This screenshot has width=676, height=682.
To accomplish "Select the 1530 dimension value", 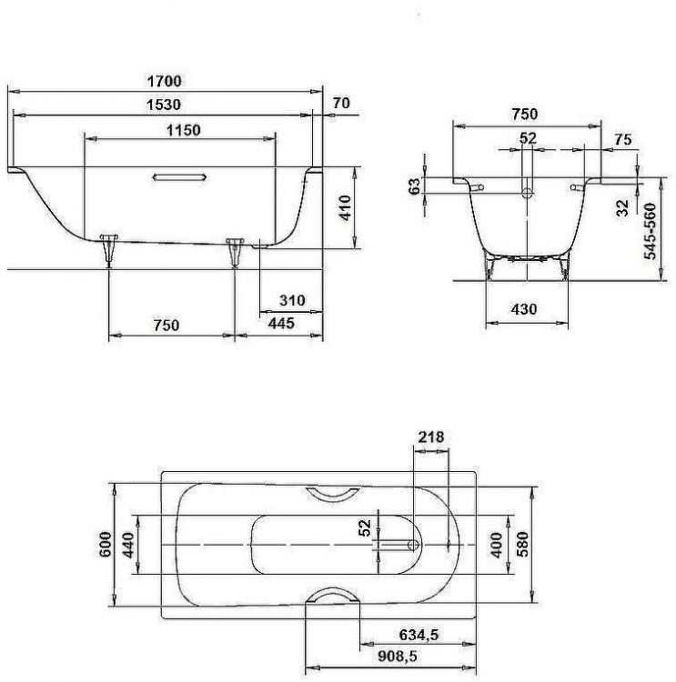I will [x=165, y=105].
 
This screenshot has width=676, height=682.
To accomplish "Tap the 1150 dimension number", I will [x=183, y=130].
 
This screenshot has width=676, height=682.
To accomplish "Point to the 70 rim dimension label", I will [x=341, y=104].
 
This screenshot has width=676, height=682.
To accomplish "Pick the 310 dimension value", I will [x=291, y=301].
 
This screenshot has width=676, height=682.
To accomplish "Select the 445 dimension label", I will [x=281, y=325].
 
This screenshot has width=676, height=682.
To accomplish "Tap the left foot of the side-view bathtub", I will [x=110, y=247].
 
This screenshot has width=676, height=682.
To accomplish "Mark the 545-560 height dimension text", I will [x=650, y=231].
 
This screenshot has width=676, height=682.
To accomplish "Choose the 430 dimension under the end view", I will [x=523, y=309].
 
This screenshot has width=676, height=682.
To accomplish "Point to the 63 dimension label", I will [x=415, y=186].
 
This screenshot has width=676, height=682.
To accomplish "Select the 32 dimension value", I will [x=623, y=207].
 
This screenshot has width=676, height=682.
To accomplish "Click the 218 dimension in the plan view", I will [x=430, y=437].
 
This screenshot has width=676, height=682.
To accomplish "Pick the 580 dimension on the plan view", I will [x=522, y=544].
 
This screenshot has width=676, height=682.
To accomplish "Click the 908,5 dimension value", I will [x=399, y=655].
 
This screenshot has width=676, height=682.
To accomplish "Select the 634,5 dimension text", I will [x=418, y=636].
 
